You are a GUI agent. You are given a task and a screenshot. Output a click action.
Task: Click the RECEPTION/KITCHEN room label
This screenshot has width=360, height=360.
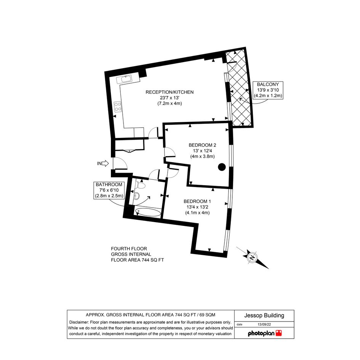170,92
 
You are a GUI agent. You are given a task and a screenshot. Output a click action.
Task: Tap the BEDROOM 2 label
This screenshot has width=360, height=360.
202,145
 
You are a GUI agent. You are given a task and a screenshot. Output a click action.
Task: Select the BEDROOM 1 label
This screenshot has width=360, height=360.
197,202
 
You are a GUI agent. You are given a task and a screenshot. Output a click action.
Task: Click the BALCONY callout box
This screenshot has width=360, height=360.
268,90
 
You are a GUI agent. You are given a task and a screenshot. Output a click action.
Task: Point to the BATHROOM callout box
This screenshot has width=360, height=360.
109,190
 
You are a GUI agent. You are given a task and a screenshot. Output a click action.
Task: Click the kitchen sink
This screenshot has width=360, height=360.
124,79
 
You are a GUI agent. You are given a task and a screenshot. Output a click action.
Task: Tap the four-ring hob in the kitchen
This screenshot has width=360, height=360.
118,107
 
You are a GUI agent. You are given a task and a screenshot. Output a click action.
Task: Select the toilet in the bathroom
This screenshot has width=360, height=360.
140,185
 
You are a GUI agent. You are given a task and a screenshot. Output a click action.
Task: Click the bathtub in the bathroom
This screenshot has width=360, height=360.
148,212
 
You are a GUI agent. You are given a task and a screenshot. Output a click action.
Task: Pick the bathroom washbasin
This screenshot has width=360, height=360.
137,195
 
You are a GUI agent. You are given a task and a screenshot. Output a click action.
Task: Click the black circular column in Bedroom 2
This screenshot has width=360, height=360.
222,167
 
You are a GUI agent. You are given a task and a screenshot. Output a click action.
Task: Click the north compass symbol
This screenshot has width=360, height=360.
253,258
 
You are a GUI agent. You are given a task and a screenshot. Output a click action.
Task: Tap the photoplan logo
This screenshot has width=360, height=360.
265,333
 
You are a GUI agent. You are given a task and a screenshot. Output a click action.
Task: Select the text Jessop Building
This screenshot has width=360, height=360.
264,315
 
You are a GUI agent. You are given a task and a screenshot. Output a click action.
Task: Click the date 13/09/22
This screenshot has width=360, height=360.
264,325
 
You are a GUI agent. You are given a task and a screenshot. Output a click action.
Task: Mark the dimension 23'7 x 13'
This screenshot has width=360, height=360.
170,98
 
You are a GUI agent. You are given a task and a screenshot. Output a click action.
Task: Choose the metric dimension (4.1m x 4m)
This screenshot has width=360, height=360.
197,213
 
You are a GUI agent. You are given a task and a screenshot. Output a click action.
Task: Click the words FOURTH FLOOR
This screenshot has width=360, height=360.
129,249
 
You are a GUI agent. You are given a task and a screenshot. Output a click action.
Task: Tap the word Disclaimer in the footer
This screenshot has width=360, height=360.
79,322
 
